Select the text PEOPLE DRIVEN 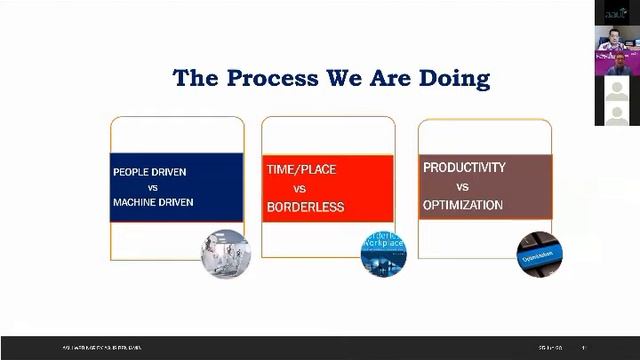(x=149, y=171)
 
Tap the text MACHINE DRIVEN (x=153, y=202)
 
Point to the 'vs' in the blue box (x=153, y=187)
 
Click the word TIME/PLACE (x=301, y=170)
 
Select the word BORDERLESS (x=305, y=207)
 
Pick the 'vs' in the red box (x=299, y=188)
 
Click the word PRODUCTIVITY (x=464, y=167)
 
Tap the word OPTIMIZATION (x=463, y=205)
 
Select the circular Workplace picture (x=383, y=255)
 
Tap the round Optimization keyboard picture (x=538, y=254)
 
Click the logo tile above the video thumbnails (x=616, y=12)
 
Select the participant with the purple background (x=616, y=65)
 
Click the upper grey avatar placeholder (x=616, y=89)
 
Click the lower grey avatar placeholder (x=616, y=113)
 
